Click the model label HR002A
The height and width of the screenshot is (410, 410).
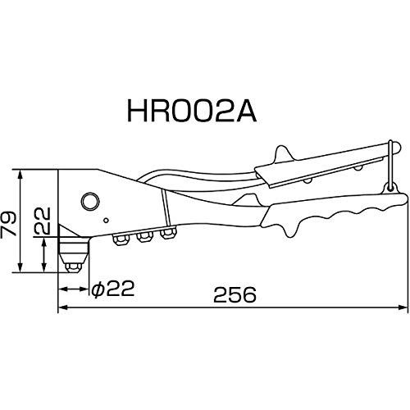point(192,110)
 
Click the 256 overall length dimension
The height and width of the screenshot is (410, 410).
point(235,295)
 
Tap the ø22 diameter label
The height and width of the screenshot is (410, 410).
point(113,289)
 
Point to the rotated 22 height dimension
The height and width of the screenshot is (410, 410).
point(43,221)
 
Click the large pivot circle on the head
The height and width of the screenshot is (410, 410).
point(90,202)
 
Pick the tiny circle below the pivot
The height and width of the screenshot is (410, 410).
point(107,221)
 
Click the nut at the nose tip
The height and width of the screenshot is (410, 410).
point(73,267)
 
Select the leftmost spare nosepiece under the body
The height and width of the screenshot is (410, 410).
point(121,239)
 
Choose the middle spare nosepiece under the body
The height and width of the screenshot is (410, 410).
point(145,236)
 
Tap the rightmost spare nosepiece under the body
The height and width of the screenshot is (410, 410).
point(168,233)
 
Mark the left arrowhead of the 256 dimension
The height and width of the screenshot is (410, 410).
point(63,307)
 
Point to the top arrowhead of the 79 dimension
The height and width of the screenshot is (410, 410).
point(20,175)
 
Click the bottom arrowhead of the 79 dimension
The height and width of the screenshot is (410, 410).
point(20,267)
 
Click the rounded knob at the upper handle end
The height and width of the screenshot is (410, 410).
point(396,148)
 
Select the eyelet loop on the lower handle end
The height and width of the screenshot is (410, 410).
point(391,188)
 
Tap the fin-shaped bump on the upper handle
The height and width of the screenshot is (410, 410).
point(284,153)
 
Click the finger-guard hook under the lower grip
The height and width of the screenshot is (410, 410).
point(290,229)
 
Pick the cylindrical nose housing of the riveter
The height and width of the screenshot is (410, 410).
point(74,249)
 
